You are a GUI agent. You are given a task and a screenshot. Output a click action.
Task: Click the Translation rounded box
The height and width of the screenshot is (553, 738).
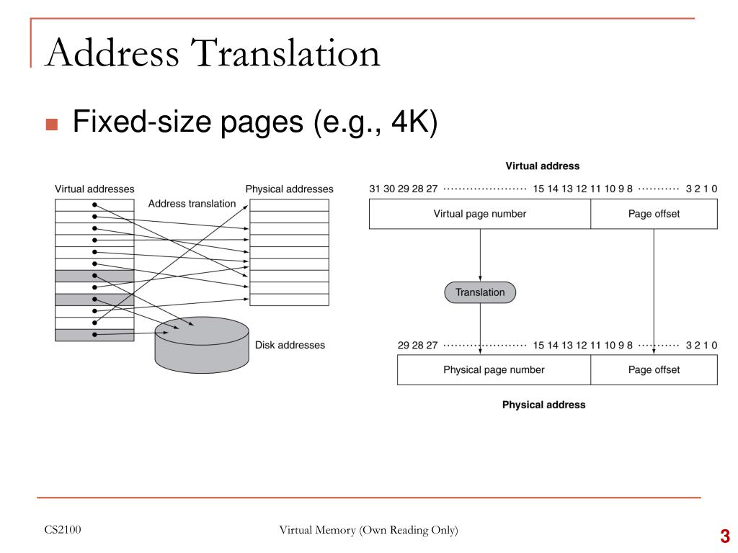pyautogui.click(x=480, y=292)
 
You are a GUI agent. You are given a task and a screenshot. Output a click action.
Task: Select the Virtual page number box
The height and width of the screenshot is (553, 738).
pyautogui.click(x=479, y=214)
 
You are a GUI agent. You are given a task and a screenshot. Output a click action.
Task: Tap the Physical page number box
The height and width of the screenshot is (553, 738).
pyautogui.click(x=494, y=369)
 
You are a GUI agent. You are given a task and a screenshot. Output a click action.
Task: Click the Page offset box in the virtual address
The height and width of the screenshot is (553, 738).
pyautogui.click(x=654, y=214)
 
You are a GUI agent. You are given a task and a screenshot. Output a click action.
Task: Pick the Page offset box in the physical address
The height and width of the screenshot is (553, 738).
pyautogui.click(x=654, y=369)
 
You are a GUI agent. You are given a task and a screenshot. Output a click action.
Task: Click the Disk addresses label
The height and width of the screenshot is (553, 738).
pyautogui.click(x=290, y=345)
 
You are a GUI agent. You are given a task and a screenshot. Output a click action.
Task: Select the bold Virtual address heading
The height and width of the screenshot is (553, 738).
pyautogui.click(x=542, y=166)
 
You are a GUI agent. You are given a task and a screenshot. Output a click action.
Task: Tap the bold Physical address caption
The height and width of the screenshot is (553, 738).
pyautogui.click(x=543, y=405)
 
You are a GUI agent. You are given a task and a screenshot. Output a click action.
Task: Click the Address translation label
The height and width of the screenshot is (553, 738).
pyautogui.click(x=192, y=204)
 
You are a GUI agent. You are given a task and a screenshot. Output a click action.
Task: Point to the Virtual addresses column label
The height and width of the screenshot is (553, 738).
pyautogui.click(x=94, y=189)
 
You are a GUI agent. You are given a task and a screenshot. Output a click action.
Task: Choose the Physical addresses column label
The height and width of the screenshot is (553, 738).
pyautogui.click(x=289, y=189)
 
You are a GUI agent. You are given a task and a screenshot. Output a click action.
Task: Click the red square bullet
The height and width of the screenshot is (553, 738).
pyautogui.click(x=52, y=124)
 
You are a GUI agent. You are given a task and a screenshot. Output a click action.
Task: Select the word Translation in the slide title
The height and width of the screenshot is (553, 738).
pyautogui.click(x=285, y=53)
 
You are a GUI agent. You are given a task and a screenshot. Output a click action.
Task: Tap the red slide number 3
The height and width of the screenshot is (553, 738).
pyautogui.click(x=725, y=536)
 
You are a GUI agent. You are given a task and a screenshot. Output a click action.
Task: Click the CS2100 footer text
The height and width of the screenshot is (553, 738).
pyautogui.click(x=63, y=530)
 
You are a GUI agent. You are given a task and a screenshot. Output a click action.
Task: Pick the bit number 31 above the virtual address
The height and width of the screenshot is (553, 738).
pyautogui.click(x=374, y=189)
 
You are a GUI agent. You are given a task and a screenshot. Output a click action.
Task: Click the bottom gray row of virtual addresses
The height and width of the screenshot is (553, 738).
pyautogui.click(x=94, y=335)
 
